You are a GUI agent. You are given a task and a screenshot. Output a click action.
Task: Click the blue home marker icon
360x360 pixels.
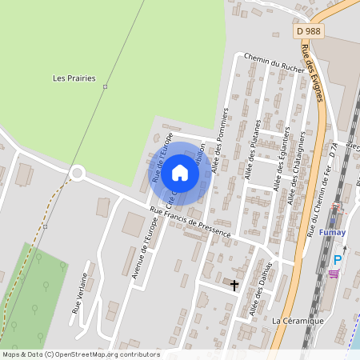click(x=180, y=172)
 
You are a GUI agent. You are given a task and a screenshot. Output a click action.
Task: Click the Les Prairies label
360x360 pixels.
click(x=74, y=78)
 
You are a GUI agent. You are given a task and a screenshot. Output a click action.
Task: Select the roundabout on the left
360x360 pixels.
click(x=77, y=172)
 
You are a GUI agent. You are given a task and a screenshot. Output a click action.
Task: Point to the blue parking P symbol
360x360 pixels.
click(x=338, y=260)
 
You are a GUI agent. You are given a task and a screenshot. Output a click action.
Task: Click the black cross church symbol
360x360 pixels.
click(x=234, y=285)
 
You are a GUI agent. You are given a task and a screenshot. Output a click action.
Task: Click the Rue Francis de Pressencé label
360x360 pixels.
click(x=191, y=222)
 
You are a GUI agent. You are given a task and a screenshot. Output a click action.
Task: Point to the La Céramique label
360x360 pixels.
click(x=298, y=321)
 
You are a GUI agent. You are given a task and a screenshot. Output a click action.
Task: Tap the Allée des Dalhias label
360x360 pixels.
click(x=261, y=290)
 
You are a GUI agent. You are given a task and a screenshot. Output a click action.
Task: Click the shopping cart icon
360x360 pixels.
click(x=333, y=274)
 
